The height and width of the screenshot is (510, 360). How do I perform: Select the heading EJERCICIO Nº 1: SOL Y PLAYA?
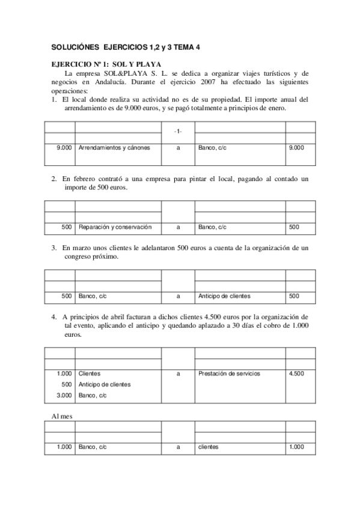coord(106,64)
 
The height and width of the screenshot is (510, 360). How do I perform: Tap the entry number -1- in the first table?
coord(178,131)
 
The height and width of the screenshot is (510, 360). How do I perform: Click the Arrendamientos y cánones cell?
coord(114,147)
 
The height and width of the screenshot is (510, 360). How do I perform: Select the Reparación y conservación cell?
coord(115,227)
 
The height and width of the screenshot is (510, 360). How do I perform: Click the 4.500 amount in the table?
coord(296,373)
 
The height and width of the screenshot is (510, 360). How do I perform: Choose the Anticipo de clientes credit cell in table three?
coord(224,296)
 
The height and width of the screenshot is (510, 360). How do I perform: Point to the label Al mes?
coord(61,416)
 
